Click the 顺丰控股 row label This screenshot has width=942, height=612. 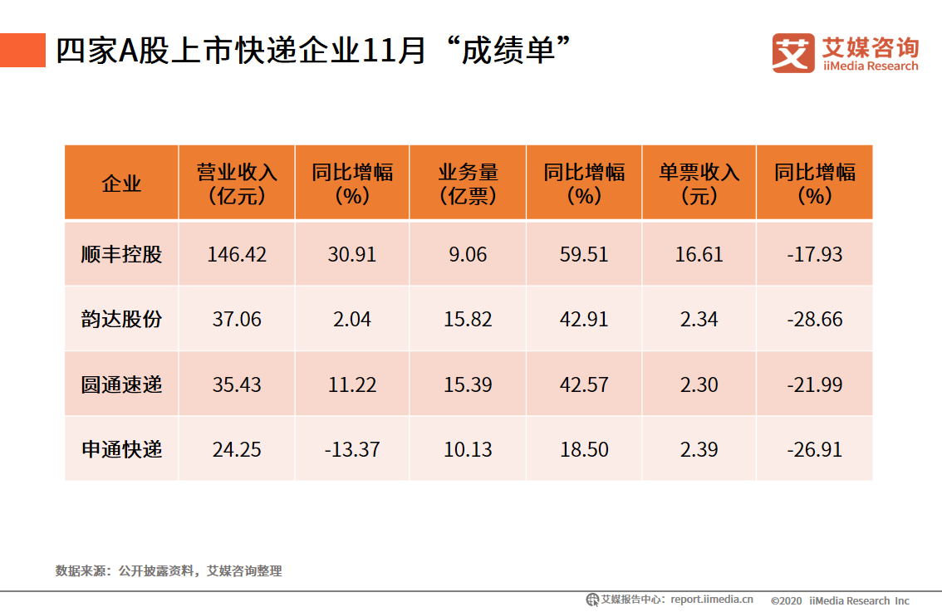click(121, 254)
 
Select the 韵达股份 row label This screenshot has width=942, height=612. click(121, 319)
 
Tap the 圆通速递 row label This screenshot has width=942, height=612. click(121, 384)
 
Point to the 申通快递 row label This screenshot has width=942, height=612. click(121, 449)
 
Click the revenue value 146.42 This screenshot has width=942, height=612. click(237, 254)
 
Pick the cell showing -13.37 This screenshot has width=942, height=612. click(352, 449)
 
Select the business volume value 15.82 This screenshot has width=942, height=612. click(468, 319)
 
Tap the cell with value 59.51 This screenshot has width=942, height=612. click(584, 254)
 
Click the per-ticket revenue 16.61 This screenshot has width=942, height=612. click(699, 254)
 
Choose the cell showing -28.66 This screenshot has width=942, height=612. click(814, 319)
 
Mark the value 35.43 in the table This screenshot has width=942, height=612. click(237, 384)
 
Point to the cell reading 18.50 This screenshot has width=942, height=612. click(584, 449)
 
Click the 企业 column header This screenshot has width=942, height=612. click(121, 184)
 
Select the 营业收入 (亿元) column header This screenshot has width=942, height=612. click(237, 184)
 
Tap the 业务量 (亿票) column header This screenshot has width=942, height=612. click(468, 184)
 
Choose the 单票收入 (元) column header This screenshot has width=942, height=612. click(699, 184)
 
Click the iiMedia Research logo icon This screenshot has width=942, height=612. click(792, 52)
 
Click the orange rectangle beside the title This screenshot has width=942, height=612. click(22, 51)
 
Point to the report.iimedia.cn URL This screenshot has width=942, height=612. click(712, 600)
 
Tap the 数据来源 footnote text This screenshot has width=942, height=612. click(169, 570)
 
